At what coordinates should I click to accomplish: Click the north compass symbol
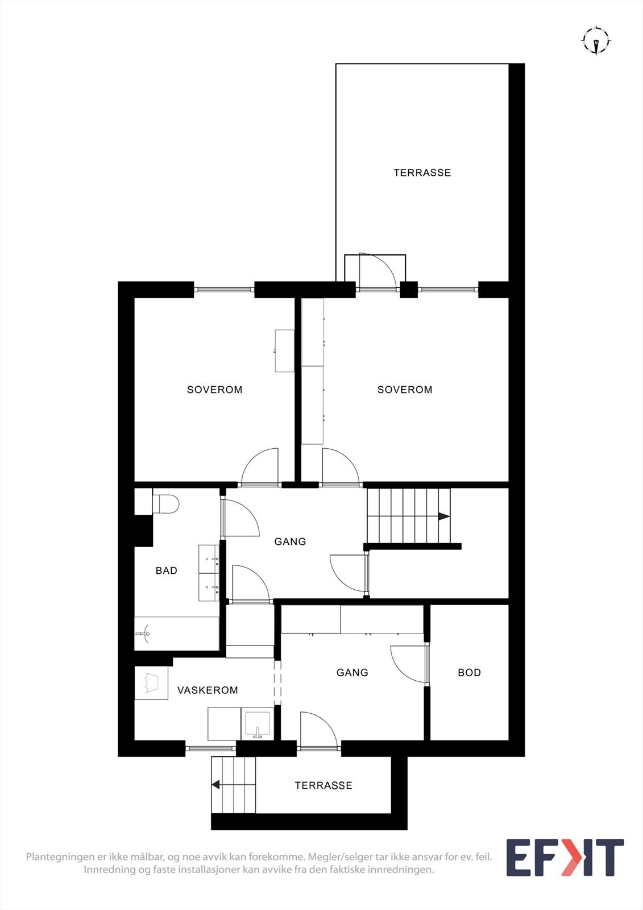tap(595, 41)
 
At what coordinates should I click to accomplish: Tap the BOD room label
tap(469, 672)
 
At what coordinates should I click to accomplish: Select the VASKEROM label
tap(208, 690)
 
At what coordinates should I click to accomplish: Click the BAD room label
tap(167, 570)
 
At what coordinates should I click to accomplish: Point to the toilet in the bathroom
tap(165, 504)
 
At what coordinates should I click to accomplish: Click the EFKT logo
tap(565, 858)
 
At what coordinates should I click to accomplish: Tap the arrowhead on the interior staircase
tap(443, 516)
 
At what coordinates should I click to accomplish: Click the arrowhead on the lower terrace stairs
tap(216, 785)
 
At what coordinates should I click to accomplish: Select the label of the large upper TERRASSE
tap(422, 172)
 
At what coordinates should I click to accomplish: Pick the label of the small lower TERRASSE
tap(323, 785)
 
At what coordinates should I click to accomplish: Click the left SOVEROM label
tap(214, 390)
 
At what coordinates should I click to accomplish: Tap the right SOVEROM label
tap(405, 390)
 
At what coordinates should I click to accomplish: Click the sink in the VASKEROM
tap(258, 724)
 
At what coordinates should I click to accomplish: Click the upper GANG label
tap(290, 541)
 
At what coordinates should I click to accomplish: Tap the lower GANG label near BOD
tap(352, 672)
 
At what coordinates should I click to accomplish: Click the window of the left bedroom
tap(224, 289)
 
